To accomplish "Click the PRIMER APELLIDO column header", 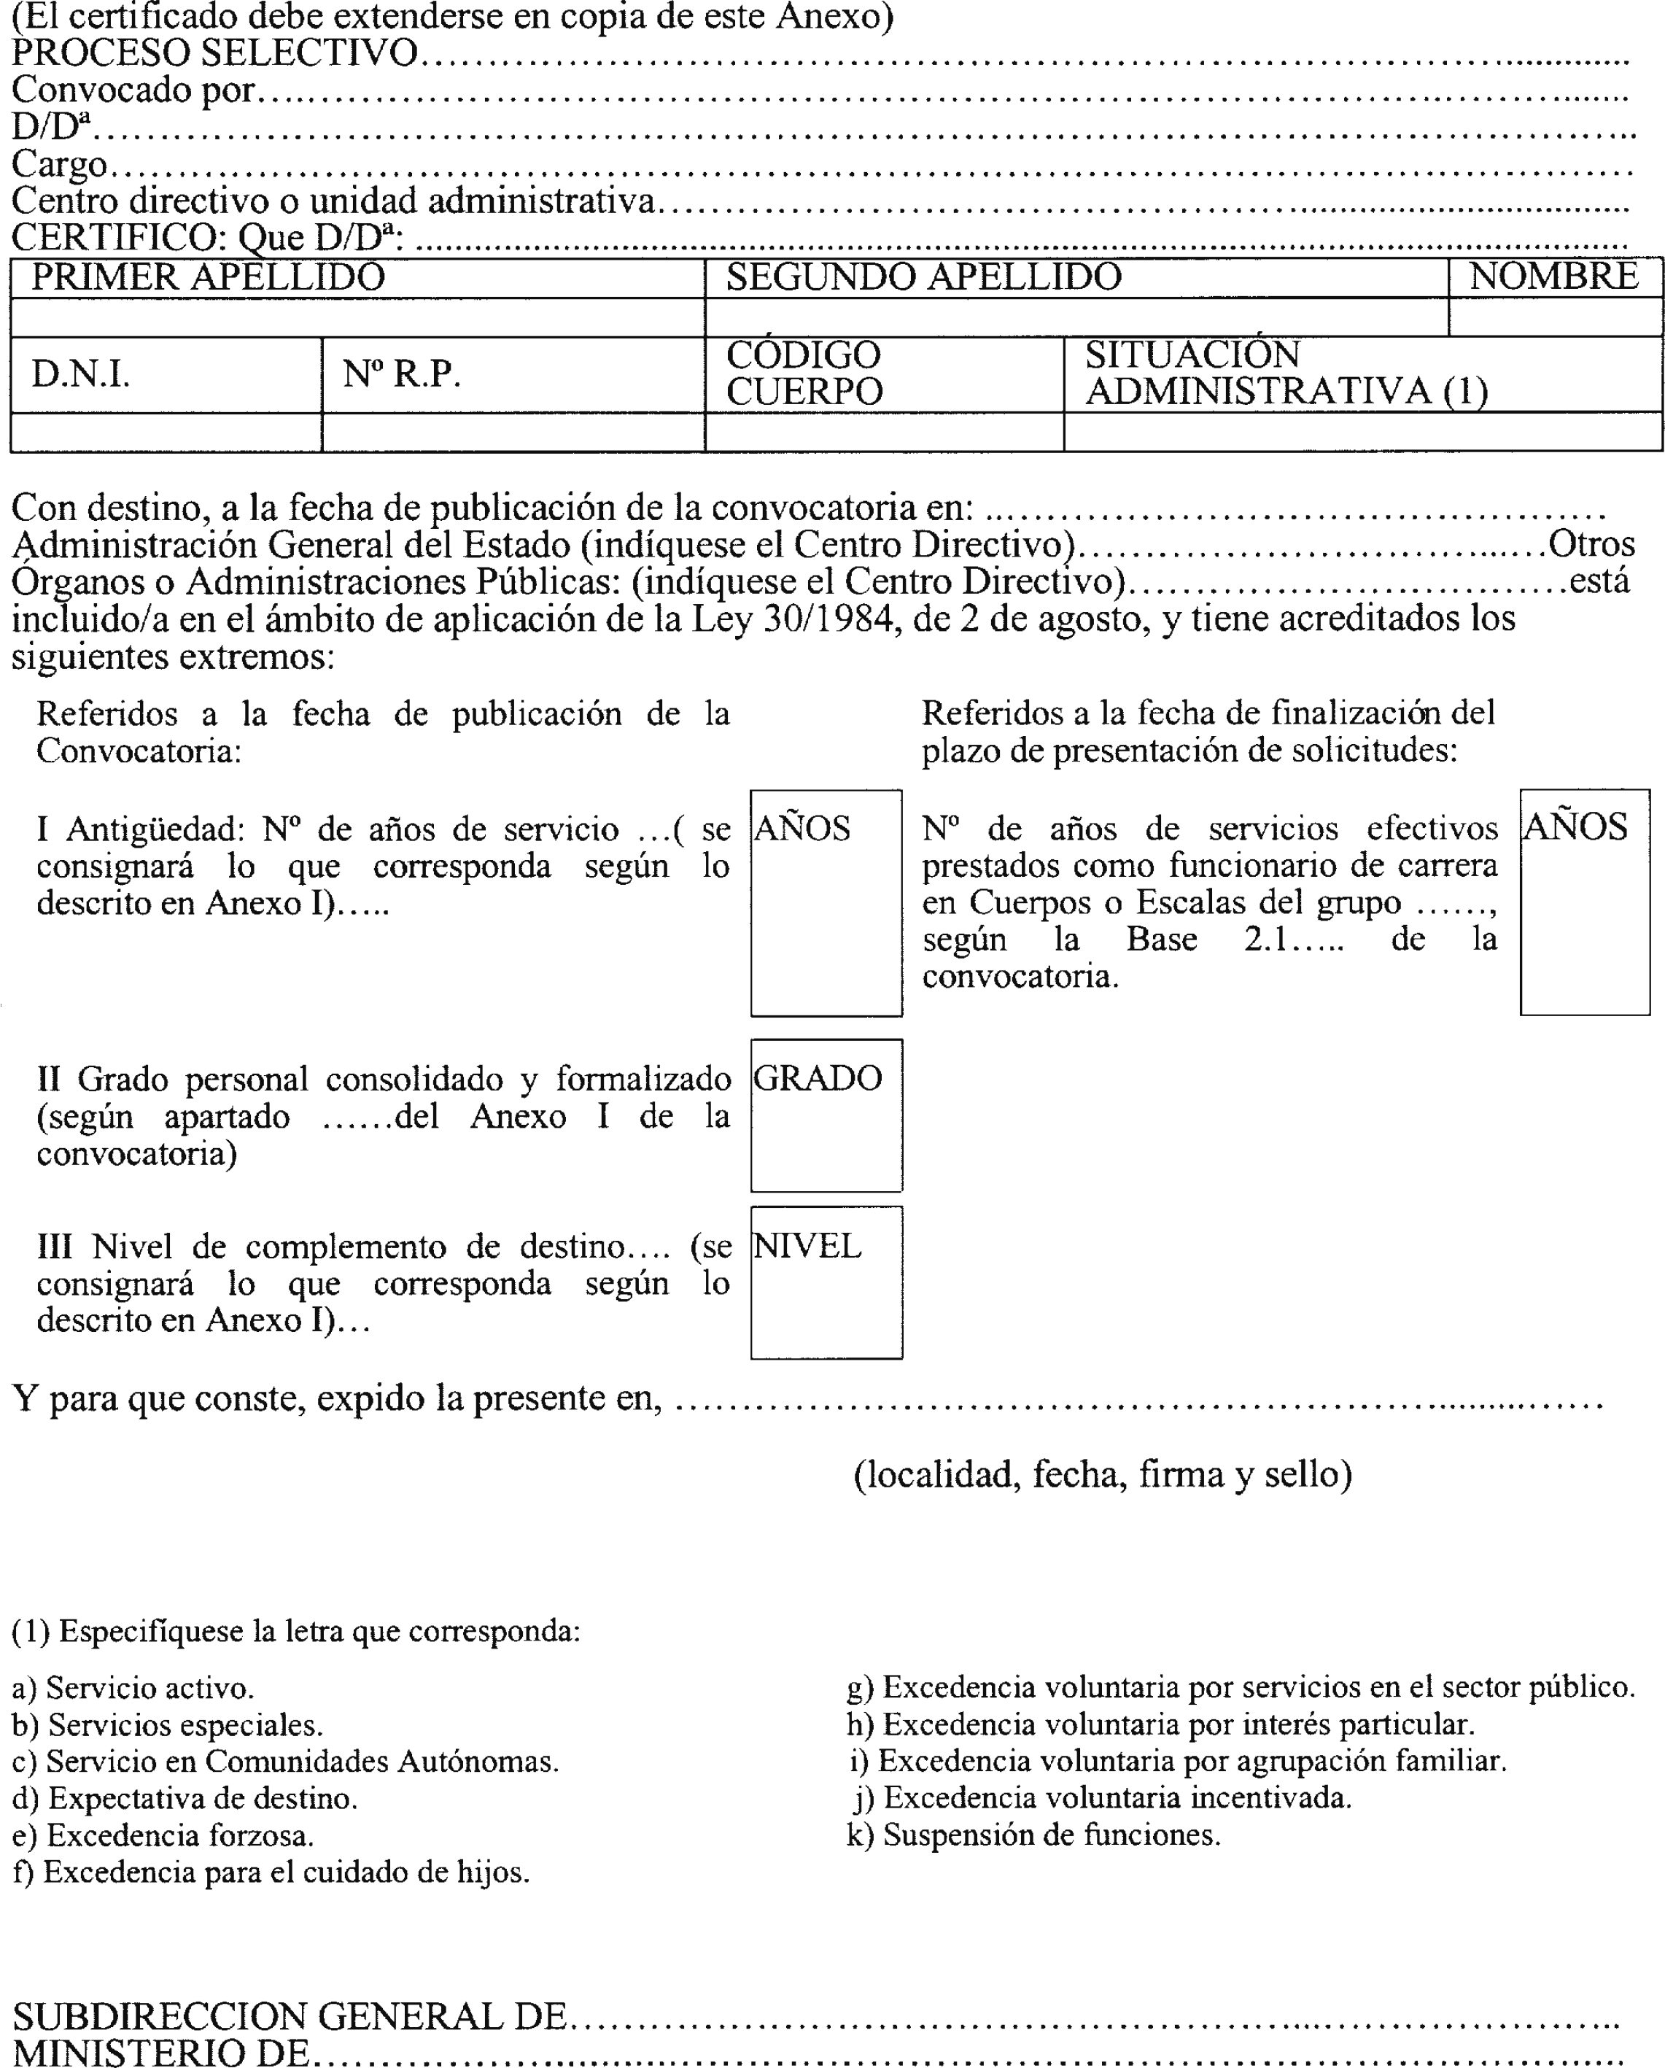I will (x=208, y=277).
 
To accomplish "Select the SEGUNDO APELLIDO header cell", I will (x=923, y=277).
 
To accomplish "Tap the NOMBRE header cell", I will (x=1553, y=276).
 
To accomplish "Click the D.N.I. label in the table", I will (x=80, y=374).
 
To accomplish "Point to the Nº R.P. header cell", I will (x=401, y=374).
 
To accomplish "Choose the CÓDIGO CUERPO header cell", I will (x=804, y=373).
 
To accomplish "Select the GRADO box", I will (x=826, y=1115).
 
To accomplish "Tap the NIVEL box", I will (x=826, y=1282).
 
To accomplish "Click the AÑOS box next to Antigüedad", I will (x=826, y=902).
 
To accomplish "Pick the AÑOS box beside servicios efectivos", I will (x=1585, y=902).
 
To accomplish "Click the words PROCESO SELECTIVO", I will (x=215, y=53).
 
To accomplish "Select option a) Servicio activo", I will (x=133, y=1688).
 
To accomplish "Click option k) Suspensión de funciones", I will (x=1033, y=1835).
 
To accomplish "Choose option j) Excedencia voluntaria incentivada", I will (x=1102, y=1797).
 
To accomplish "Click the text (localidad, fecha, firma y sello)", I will (x=1103, y=1474).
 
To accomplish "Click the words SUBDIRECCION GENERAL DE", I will (x=290, y=2016).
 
